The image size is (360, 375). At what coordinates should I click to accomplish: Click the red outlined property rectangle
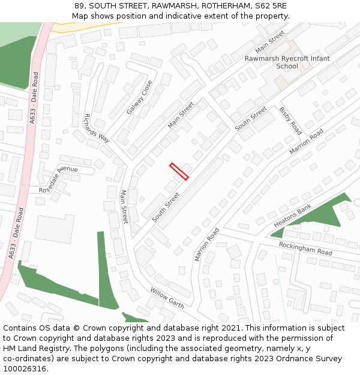click(x=179, y=171)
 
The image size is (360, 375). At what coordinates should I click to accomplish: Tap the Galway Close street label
click(x=140, y=98)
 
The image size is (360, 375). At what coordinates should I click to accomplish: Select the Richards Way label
click(x=97, y=128)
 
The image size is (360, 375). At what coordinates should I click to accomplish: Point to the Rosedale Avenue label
click(x=59, y=179)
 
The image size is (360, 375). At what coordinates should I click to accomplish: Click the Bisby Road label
click(x=290, y=120)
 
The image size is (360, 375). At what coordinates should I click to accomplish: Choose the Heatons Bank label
click(x=293, y=216)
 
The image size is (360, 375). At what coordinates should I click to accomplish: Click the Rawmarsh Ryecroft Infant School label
click(x=287, y=62)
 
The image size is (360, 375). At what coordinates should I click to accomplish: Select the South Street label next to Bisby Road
click(x=251, y=119)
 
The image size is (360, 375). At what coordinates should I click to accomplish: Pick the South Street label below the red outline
click(x=166, y=207)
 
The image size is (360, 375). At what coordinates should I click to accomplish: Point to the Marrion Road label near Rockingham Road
click(x=207, y=244)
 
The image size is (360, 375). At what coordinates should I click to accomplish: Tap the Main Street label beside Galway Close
click(x=181, y=115)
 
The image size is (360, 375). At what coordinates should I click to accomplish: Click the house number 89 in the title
click(x=80, y=5)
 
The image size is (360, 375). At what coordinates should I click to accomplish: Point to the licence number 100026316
click(x=24, y=369)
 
